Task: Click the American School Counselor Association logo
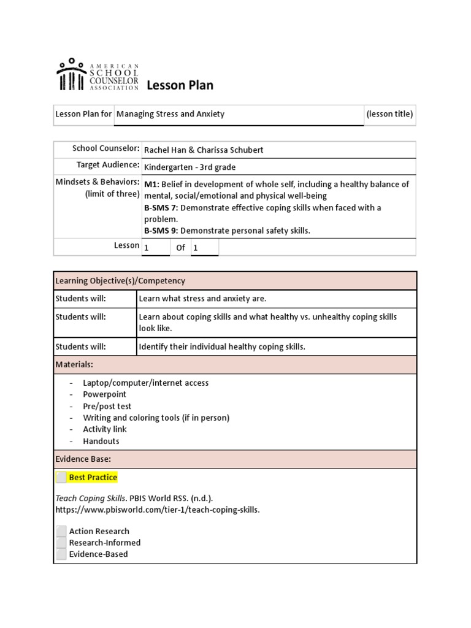click(x=98, y=75)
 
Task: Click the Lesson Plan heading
click(x=180, y=85)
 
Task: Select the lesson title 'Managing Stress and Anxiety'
click(x=170, y=114)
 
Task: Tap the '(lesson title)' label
click(x=389, y=114)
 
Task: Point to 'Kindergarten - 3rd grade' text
click(x=190, y=167)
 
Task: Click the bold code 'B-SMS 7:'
click(x=161, y=208)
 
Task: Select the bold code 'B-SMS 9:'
click(x=161, y=231)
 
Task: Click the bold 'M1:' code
click(x=151, y=184)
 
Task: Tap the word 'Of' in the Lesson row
click(x=180, y=248)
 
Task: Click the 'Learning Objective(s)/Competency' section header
click(x=120, y=281)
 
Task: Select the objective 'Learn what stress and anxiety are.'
click(x=203, y=299)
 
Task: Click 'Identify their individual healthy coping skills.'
click(x=222, y=347)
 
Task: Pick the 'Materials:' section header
click(x=74, y=364)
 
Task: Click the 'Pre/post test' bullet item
click(x=107, y=406)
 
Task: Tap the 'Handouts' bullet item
click(x=101, y=441)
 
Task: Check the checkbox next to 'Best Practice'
click(x=61, y=477)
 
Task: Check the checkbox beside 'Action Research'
click(x=61, y=531)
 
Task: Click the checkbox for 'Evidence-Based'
click(x=61, y=554)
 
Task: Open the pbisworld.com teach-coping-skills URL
click(x=158, y=510)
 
